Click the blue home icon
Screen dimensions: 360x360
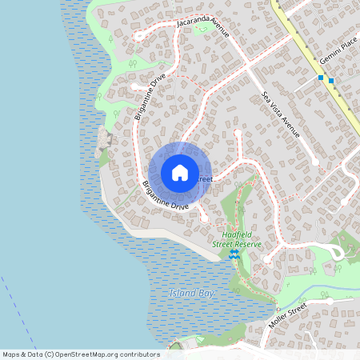point(180,173)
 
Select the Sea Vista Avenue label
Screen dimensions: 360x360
point(280,114)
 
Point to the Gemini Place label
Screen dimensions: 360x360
point(335,55)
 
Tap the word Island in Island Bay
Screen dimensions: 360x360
point(182,294)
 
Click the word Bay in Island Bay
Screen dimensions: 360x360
point(206,294)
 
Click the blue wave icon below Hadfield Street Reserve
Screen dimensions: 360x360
point(234,254)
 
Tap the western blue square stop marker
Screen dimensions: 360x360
point(321,78)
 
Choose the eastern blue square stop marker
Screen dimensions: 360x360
point(331,81)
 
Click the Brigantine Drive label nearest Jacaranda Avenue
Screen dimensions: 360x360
point(150,96)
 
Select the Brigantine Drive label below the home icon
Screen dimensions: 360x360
point(165,196)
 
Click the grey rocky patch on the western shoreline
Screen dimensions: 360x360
point(103,145)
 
